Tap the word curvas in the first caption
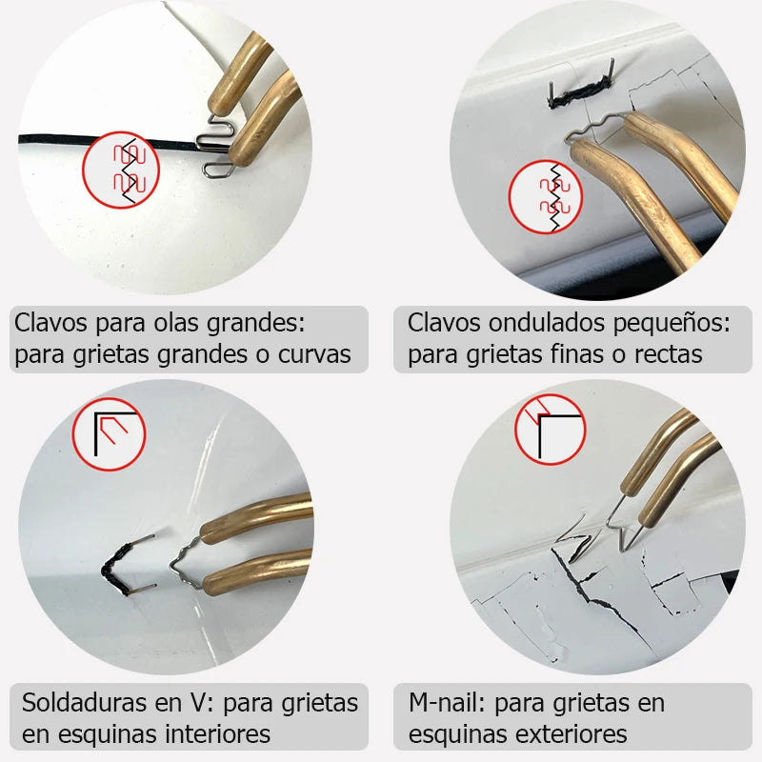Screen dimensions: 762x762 pos(318,354)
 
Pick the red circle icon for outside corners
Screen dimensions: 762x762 pos(550,428)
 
